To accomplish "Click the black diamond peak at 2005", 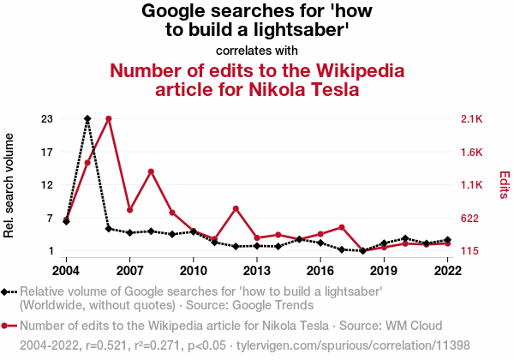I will (87, 118).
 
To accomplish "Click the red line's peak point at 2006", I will (109, 118).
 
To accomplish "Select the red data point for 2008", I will (151, 171).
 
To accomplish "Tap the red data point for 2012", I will (236, 208).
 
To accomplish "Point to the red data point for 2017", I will (342, 227).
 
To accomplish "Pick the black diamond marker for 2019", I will (384, 243).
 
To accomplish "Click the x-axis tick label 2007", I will (129, 271).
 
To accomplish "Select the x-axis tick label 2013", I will (257, 271).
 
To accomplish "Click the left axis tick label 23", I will (48, 119).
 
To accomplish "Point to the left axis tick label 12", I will (48, 185).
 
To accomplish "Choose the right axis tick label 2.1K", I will (472, 119).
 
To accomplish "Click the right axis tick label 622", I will (469, 219).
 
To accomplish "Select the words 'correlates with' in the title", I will (257, 50).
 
